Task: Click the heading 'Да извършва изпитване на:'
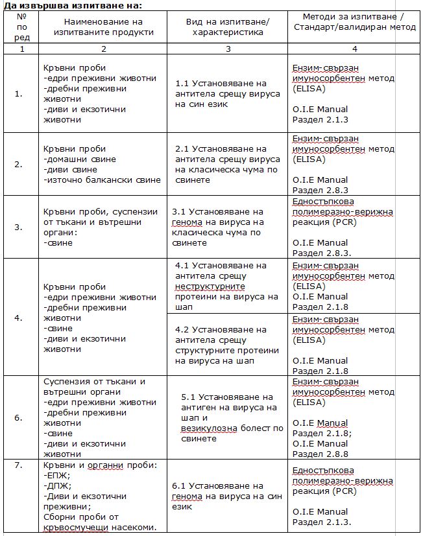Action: (x=72, y=5)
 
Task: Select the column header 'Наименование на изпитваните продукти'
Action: (x=104, y=27)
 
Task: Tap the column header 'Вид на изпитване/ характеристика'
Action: (x=227, y=27)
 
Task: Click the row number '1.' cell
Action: (x=18, y=93)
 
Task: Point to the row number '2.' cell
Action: (x=18, y=165)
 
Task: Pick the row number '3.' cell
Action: (x=18, y=227)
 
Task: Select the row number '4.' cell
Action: (x=18, y=318)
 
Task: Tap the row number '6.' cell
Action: (x=18, y=417)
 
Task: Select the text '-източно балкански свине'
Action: (x=102, y=180)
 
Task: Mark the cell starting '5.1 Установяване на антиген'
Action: (x=232, y=417)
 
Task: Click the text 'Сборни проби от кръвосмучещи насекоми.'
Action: (x=101, y=522)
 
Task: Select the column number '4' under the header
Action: (x=354, y=49)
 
